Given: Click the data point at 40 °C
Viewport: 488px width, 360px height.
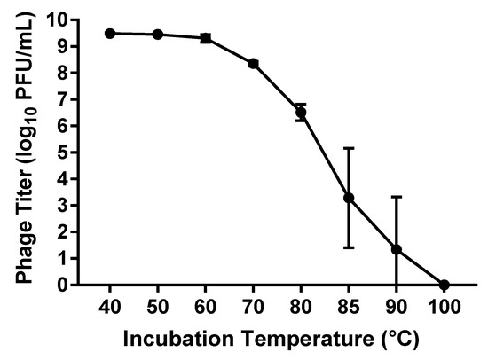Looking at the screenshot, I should point(110,33).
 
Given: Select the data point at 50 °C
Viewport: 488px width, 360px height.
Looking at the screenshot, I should point(158,35).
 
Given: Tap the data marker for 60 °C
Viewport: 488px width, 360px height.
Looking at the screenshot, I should point(206,38).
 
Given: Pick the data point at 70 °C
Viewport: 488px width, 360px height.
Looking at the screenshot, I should point(253,64).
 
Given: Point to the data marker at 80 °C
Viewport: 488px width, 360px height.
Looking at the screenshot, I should point(301,113).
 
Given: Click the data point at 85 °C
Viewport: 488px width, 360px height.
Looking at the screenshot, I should point(349,198).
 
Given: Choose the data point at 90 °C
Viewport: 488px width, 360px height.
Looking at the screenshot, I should point(397,250).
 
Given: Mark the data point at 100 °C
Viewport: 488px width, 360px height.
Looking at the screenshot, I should point(445,285).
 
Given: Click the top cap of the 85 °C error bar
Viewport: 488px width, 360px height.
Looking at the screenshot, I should point(349,148).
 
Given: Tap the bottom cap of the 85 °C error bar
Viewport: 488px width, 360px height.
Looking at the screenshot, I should point(349,247).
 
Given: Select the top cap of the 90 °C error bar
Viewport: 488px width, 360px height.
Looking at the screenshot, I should point(397,197).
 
